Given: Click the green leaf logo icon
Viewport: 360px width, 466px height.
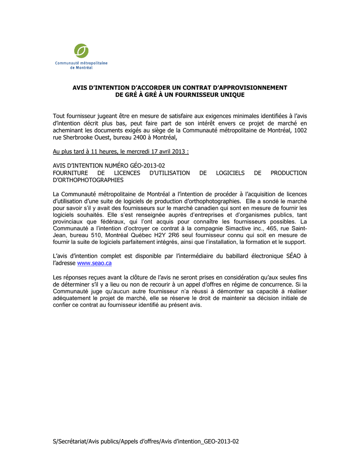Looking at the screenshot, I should (x=81, y=51).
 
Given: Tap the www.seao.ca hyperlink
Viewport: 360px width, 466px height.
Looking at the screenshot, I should (x=95, y=263).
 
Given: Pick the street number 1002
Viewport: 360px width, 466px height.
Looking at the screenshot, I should (x=299, y=130).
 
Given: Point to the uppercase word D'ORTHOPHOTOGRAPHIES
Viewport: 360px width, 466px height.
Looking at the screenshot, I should (x=88, y=180).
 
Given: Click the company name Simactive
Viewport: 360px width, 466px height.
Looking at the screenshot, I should (x=225, y=228).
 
